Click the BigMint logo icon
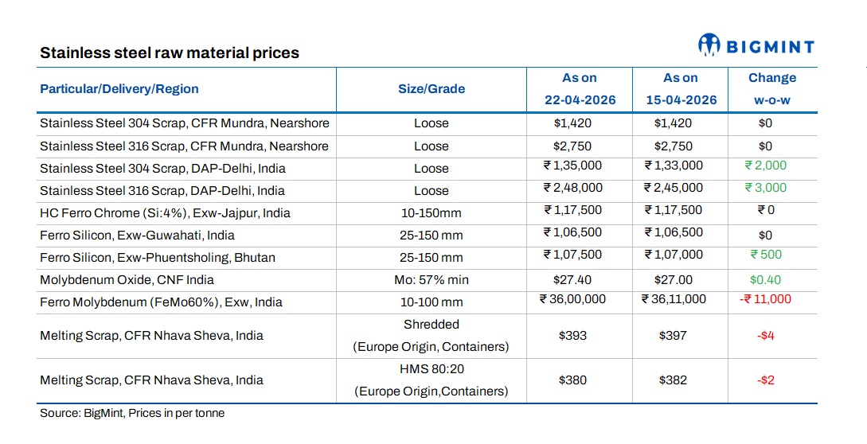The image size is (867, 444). pyautogui.click(x=710, y=45)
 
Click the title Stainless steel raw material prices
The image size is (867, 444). pyautogui.click(x=170, y=54)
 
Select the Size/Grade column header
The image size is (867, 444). pyautogui.click(x=431, y=89)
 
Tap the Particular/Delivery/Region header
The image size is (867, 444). pyautogui.click(x=119, y=89)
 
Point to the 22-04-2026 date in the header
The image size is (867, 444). pyautogui.click(x=579, y=100)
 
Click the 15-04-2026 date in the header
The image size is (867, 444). pyautogui.click(x=680, y=100)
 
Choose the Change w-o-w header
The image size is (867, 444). pyautogui.click(x=771, y=89)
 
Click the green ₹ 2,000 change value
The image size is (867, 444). pyautogui.click(x=765, y=166)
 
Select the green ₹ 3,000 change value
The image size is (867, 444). pyautogui.click(x=765, y=188)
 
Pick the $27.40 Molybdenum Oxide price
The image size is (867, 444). pyautogui.click(x=573, y=280)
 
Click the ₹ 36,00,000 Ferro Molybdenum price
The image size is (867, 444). pyautogui.click(x=572, y=299)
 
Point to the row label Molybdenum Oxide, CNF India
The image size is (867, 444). pyautogui.click(x=127, y=280)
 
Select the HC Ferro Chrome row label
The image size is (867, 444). pyautogui.click(x=165, y=213)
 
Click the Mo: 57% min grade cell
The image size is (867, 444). pyautogui.click(x=431, y=280)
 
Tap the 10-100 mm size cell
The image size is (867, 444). pyautogui.click(x=431, y=302)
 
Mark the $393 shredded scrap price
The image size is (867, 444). pyautogui.click(x=573, y=336)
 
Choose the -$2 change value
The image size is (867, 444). pyautogui.click(x=766, y=380)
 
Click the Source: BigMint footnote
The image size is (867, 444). pyautogui.click(x=132, y=414)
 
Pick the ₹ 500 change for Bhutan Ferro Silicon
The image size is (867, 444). pyautogui.click(x=765, y=255)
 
